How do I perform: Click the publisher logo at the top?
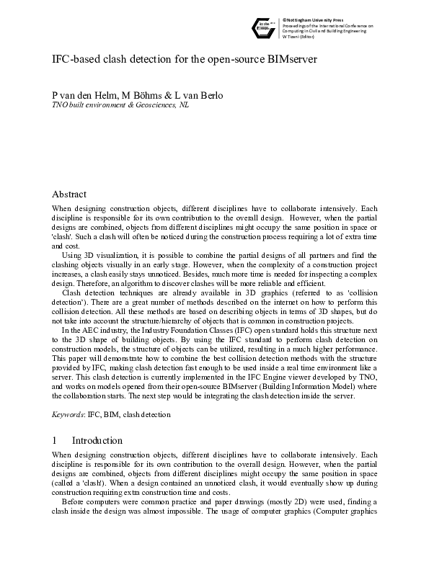coord(263,27)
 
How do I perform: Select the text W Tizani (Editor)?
coord(301,37)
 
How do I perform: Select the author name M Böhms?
coord(137,96)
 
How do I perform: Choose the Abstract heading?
coord(69,194)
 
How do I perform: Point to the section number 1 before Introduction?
coord(55,440)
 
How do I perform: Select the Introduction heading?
coord(97,440)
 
